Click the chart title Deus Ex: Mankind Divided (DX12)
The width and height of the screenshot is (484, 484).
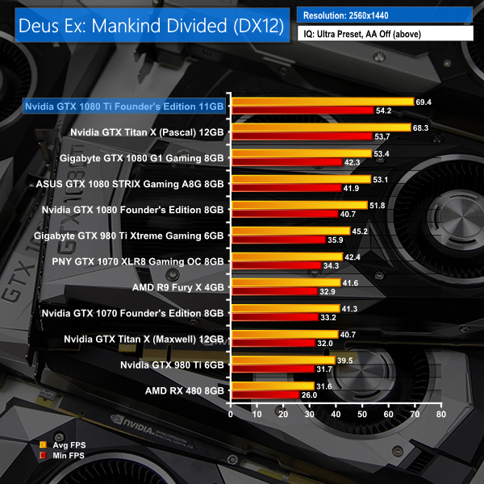[x=148, y=25]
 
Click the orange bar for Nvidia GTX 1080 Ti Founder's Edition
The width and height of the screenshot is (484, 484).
[x=322, y=102]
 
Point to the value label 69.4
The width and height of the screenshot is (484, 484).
[x=423, y=102]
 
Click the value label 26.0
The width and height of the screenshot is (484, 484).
[x=309, y=395]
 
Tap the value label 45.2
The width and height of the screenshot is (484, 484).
[x=360, y=232]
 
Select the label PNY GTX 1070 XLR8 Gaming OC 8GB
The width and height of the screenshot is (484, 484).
[x=137, y=261]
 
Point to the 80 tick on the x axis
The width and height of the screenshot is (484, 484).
[x=440, y=415]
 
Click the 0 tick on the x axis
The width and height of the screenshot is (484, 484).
[x=231, y=415]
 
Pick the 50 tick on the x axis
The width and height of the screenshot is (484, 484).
[x=362, y=415]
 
